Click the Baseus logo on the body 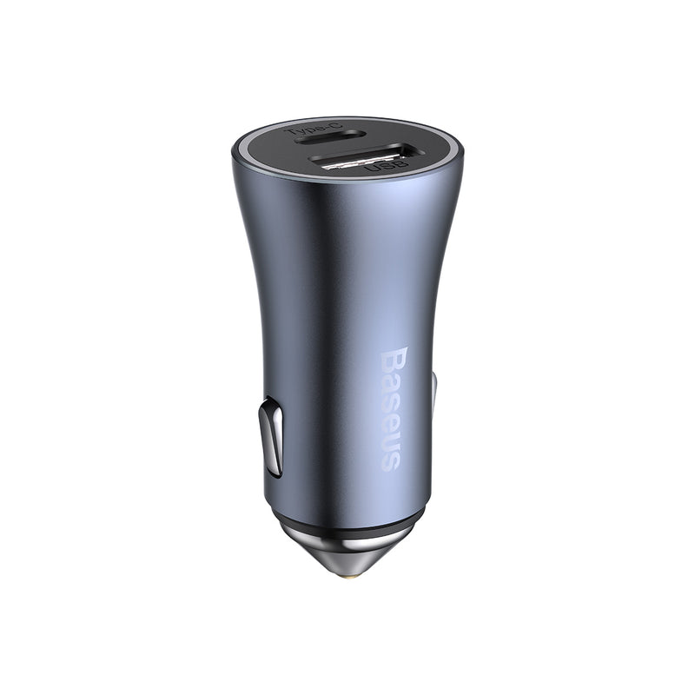point(393,409)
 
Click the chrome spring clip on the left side point(272,437)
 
